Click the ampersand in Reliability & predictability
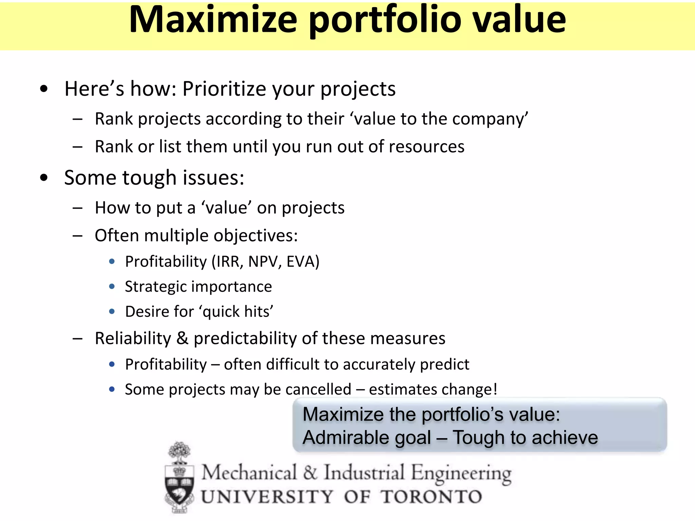pyautogui.click(x=182, y=338)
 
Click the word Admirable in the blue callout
pyautogui.click(x=367, y=438)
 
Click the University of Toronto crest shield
pyautogui.click(x=179, y=489)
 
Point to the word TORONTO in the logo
pyautogui.click(x=431, y=497)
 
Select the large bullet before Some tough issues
pyautogui.click(x=44, y=178)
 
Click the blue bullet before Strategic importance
pyautogui.click(x=112, y=287)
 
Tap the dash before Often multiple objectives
pyautogui.click(x=77, y=236)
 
